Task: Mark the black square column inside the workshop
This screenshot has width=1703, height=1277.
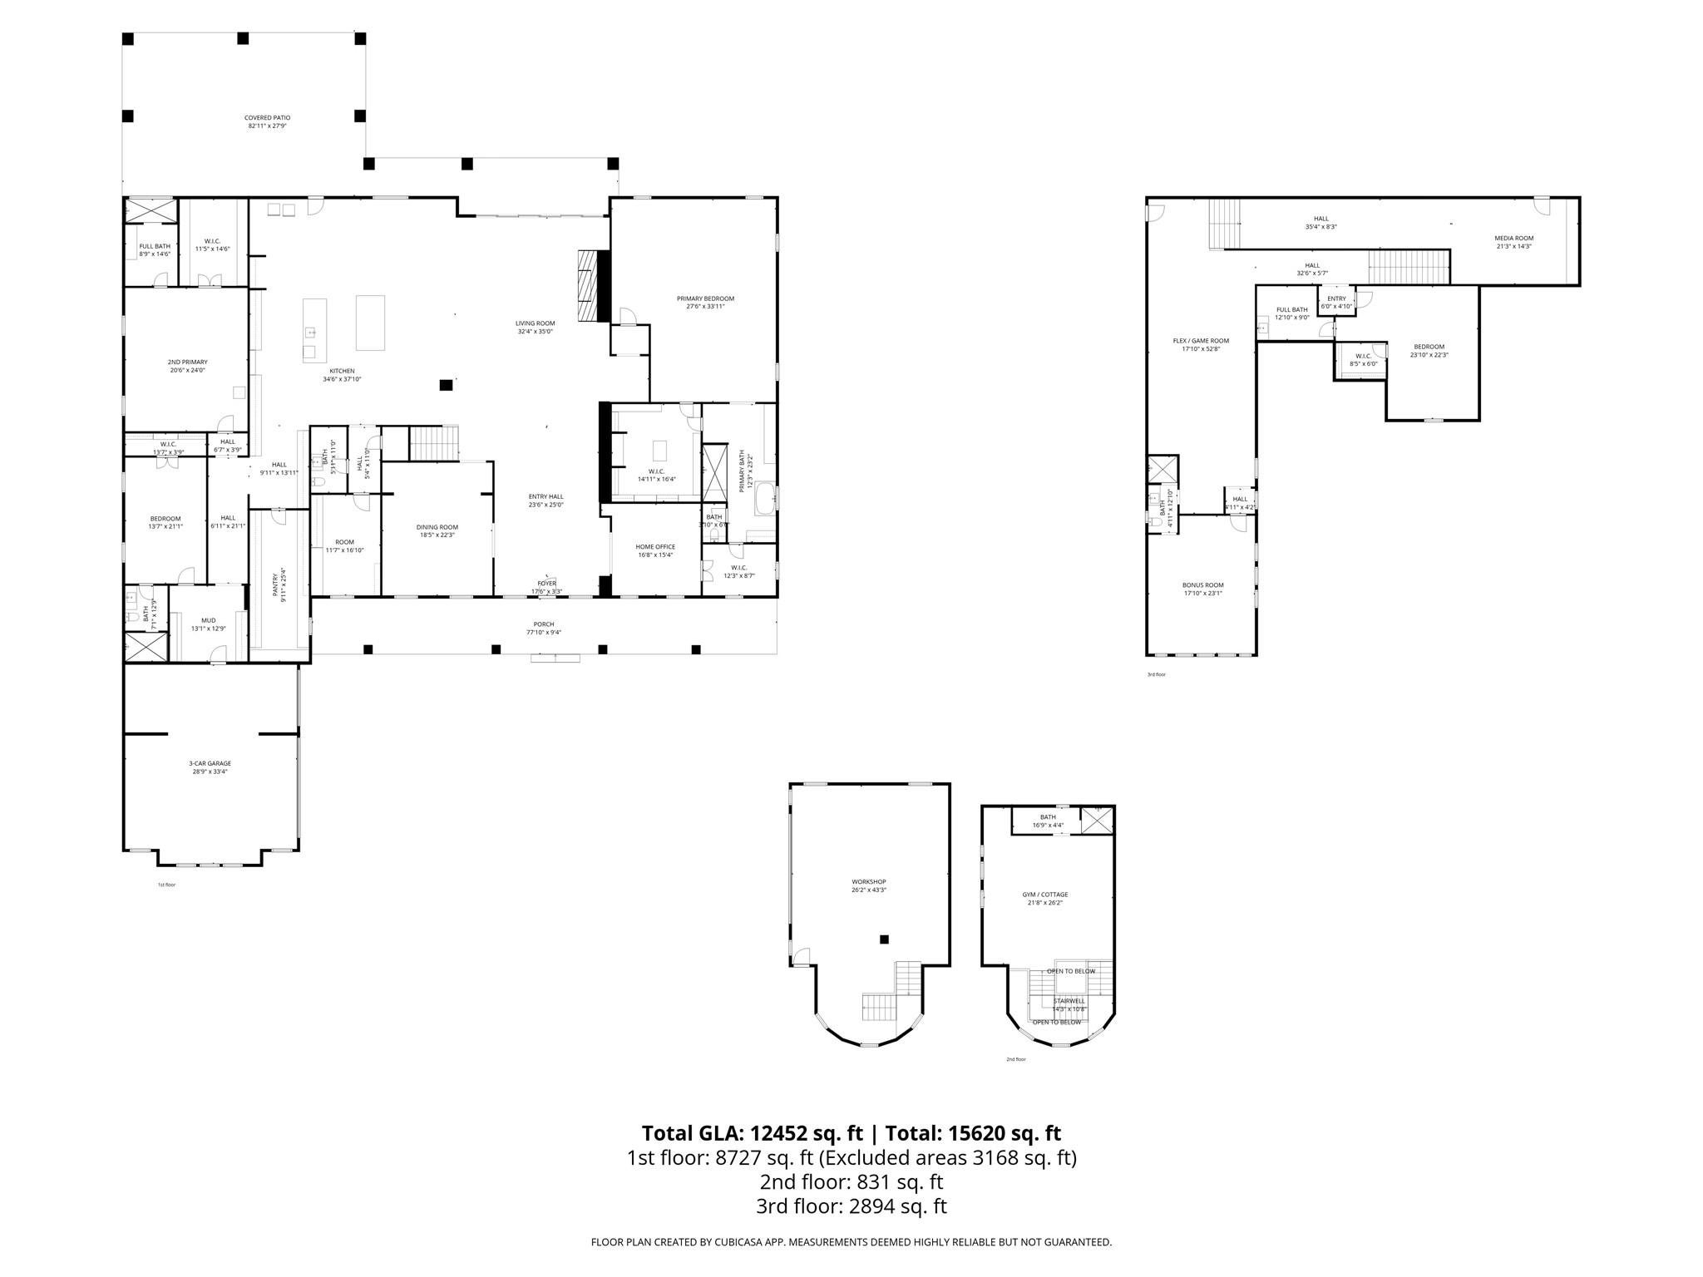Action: tap(884, 939)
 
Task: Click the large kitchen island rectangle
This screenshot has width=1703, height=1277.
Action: tap(370, 323)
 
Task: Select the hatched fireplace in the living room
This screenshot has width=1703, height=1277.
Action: tap(589, 285)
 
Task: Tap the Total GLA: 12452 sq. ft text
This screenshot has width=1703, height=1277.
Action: tap(753, 1133)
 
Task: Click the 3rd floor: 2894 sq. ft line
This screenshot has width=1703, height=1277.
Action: tap(851, 1206)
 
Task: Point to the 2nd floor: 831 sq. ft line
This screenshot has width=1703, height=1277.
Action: tap(851, 1181)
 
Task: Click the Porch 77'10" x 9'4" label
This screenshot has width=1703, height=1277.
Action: tap(543, 628)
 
